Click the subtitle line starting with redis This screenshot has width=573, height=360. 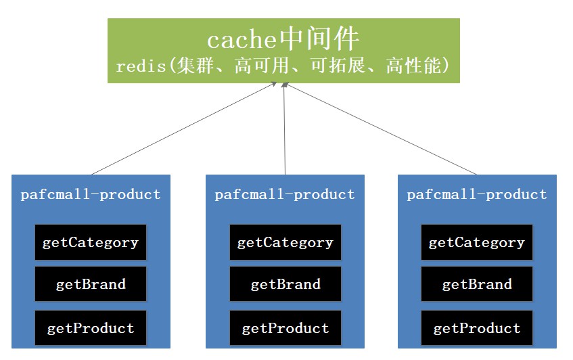coord(283,66)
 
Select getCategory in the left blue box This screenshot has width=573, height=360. coord(91,242)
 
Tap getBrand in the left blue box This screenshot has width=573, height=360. coord(91,284)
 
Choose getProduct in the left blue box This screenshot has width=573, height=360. coord(91,329)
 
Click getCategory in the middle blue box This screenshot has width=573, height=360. coord(285,242)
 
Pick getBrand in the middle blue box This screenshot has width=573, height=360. coord(285,284)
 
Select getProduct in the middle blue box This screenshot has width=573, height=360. coord(285,329)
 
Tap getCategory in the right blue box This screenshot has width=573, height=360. coord(477,242)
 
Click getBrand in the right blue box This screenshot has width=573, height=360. coord(477,284)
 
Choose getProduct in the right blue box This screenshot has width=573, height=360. coord(477,329)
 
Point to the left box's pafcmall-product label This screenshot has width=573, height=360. coord(91,195)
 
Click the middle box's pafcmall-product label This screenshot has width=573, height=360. coord(285,195)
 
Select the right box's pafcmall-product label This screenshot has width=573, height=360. coord(477,195)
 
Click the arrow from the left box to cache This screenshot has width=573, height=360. coord(183,129)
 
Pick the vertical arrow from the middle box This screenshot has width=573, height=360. coord(285,129)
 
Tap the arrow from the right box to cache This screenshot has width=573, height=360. coord(382,129)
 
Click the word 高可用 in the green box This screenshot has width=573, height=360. coord(258,66)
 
